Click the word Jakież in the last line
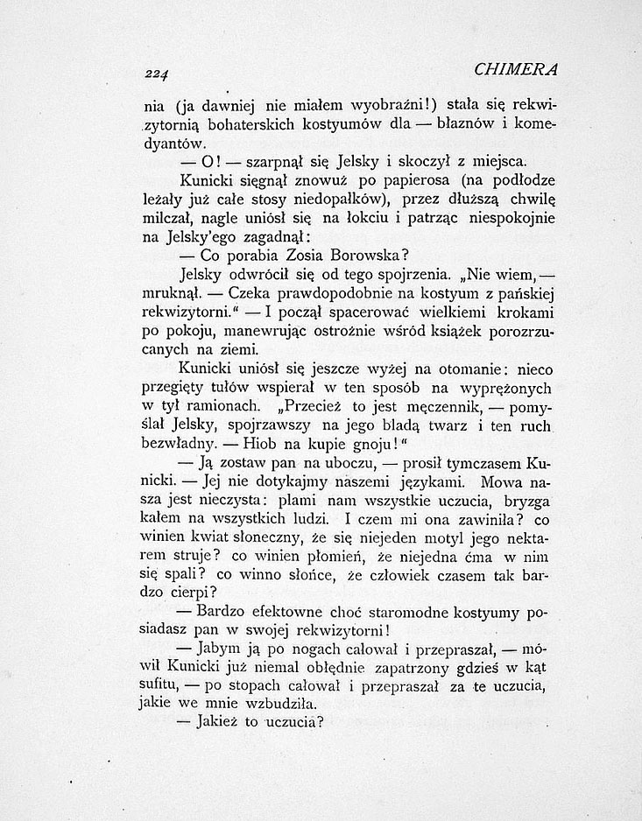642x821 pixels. (x=223, y=723)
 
